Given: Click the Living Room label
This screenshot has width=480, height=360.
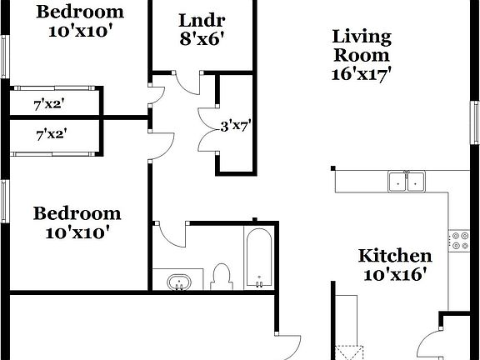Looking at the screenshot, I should [362, 46].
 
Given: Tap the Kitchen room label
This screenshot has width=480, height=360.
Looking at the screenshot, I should [395, 256].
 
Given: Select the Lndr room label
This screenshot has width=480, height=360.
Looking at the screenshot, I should [202, 21].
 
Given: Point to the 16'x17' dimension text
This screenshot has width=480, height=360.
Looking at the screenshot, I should [362, 72].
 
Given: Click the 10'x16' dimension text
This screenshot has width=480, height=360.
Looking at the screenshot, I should [395, 274].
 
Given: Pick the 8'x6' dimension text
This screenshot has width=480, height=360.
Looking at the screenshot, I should [202, 38].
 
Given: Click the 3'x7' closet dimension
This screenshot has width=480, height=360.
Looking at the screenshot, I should [235, 127].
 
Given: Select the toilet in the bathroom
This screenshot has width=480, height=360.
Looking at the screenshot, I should [221, 276].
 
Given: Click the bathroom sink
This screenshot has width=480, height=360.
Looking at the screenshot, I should [177, 282].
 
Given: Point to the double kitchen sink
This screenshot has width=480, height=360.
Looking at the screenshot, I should [407, 181].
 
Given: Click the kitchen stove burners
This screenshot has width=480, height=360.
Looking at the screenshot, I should [458, 241].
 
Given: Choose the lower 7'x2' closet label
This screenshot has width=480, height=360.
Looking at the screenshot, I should [51, 132].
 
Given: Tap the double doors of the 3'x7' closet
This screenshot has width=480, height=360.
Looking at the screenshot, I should [206, 127].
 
